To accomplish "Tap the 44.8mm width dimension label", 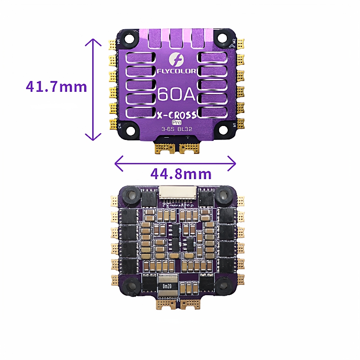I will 175,174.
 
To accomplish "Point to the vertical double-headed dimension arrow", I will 93,90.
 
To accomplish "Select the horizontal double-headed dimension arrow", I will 175,163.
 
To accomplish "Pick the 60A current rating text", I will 176,94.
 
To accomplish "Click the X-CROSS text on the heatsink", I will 176,115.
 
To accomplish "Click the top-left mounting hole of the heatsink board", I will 130,38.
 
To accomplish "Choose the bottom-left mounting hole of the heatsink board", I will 131,130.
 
